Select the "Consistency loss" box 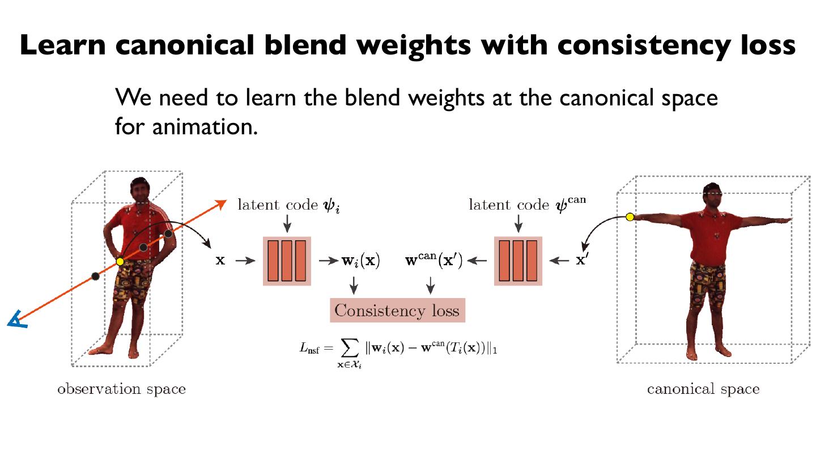397,311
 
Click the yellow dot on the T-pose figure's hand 630,216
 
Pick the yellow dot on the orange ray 120,262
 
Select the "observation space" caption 121,389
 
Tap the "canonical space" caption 703,389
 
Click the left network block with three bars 287,261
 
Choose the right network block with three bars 518,261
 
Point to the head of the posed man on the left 139,192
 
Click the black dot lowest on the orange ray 95,276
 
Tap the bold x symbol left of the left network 220,261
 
